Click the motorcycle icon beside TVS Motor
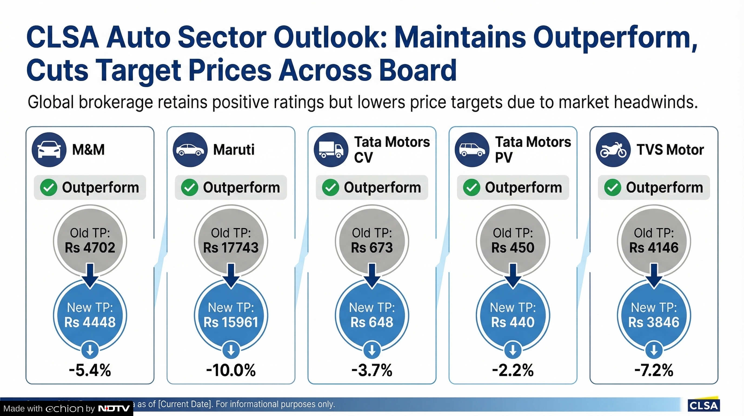(613, 149)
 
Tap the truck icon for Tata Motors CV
(331, 149)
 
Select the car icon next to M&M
(49, 149)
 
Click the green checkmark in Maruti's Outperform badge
(190, 187)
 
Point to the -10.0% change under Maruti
(231, 370)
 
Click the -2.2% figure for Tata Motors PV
(513, 370)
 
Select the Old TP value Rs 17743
(231, 248)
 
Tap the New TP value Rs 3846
(654, 322)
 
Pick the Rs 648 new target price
(372, 322)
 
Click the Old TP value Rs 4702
(90, 248)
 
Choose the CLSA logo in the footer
(703, 405)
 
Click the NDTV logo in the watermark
(114, 408)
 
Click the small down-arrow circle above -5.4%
(90, 350)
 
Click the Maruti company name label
(234, 149)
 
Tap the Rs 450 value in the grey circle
(513, 248)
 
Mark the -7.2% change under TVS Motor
(654, 370)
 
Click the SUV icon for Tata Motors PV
(472, 149)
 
